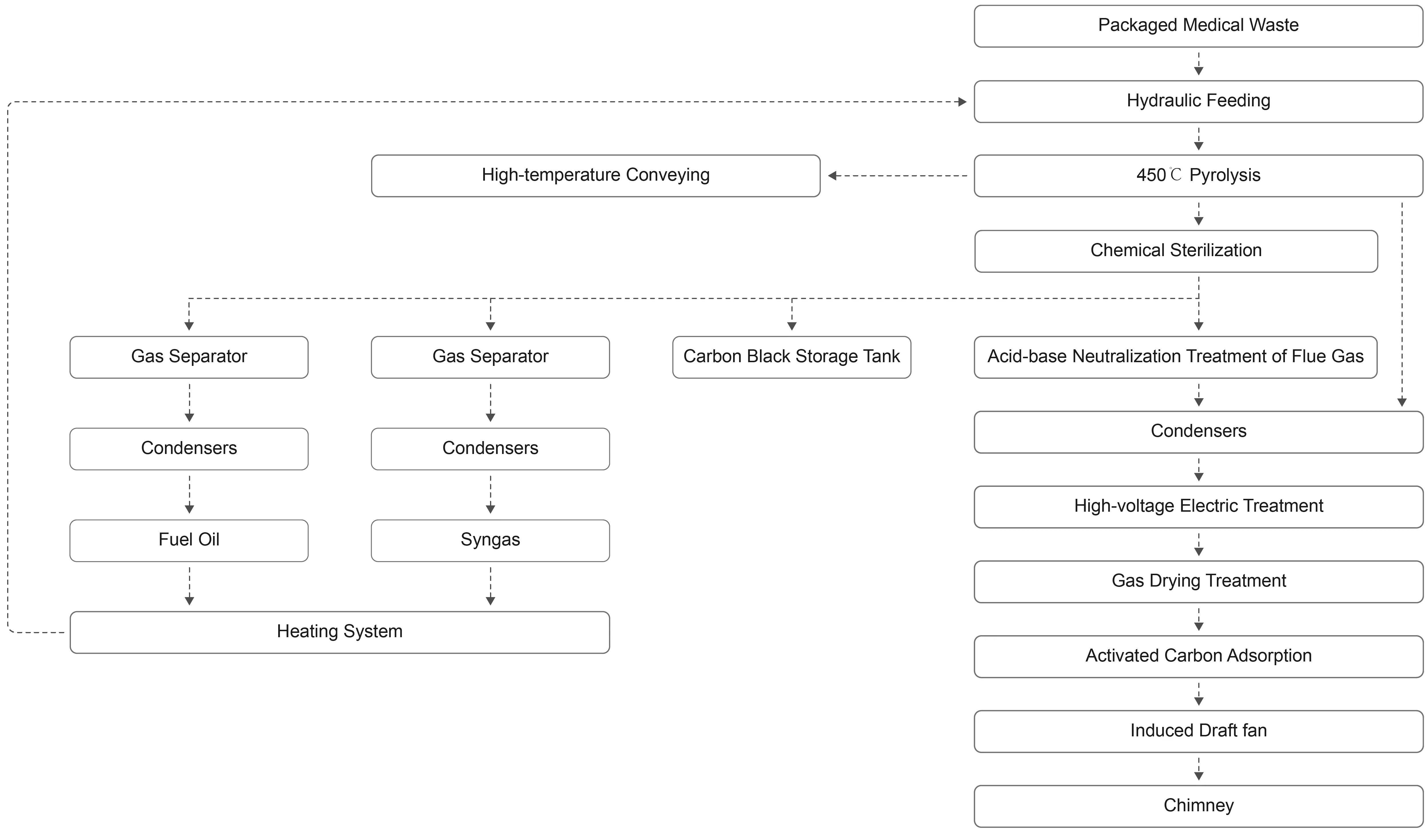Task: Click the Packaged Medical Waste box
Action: pyautogui.click(x=1198, y=26)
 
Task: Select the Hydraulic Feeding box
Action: pyautogui.click(x=1198, y=101)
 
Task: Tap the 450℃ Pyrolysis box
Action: pyautogui.click(x=1198, y=176)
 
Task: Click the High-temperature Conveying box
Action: pyautogui.click(x=596, y=176)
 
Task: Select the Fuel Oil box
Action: pyautogui.click(x=189, y=541)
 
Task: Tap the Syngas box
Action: pyautogui.click(x=490, y=541)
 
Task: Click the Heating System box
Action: pyautogui.click(x=340, y=632)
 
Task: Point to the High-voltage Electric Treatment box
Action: pyautogui.click(x=1198, y=507)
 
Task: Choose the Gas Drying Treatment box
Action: pyautogui.click(x=1198, y=582)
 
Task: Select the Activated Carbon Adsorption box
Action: pyautogui.click(x=1198, y=657)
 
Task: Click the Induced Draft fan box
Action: pyautogui.click(x=1198, y=731)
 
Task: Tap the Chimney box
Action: pyautogui.click(x=1198, y=806)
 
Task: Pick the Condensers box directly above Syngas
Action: pyautogui.click(x=490, y=449)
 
